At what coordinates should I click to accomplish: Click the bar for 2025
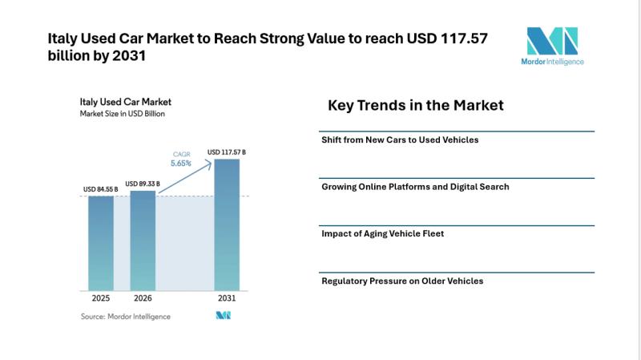point(101,242)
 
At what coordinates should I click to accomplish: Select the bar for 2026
point(143,240)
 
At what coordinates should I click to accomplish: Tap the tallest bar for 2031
point(227,224)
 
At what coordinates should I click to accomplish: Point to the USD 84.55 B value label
point(101,190)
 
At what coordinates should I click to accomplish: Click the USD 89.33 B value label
point(143,184)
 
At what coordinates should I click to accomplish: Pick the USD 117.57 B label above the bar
point(227,152)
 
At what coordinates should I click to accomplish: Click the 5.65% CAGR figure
point(180,164)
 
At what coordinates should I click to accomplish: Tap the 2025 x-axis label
point(101,298)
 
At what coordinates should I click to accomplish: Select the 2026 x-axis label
point(143,298)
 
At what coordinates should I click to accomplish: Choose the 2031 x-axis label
point(227,298)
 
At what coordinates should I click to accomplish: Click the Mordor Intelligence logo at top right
point(553,46)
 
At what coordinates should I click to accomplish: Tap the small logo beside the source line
point(223,316)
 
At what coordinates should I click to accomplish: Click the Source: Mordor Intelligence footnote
point(126,317)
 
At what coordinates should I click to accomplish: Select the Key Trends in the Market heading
point(416,105)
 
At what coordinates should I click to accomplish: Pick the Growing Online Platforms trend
point(415,187)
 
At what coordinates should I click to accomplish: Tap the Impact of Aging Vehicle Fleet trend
point(382,233)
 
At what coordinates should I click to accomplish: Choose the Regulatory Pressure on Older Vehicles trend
point(402,281)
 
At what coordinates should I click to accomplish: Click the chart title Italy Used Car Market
point(126,102)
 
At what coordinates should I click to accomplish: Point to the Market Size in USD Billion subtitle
point(128,114)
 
